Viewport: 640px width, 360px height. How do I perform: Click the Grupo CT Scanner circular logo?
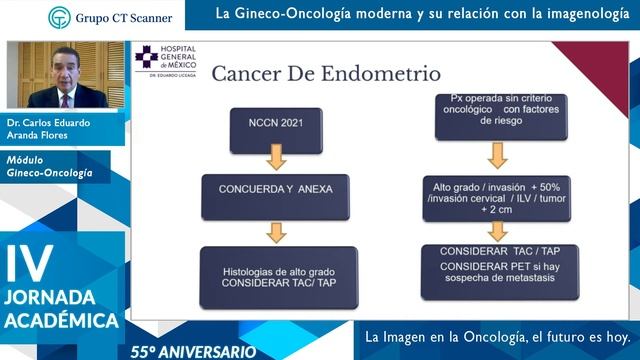click(60, 17)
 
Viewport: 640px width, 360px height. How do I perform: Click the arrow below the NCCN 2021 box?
click(276, 158)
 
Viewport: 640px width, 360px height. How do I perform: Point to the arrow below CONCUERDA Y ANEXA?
click(277, 231)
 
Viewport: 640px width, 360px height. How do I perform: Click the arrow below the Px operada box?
click(497, 155)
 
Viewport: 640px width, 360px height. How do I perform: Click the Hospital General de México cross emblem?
click(147, 57)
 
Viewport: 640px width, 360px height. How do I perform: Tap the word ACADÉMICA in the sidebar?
click(61, 322)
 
